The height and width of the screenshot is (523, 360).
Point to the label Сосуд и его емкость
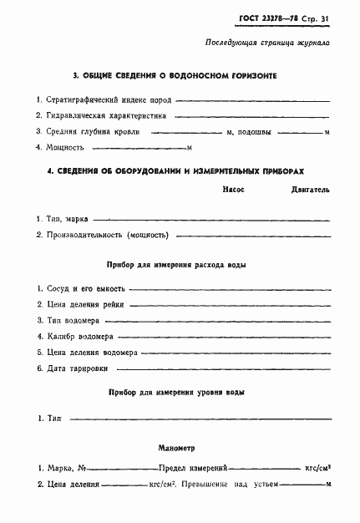(84, 288)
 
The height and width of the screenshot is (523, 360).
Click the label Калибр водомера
(81, 336)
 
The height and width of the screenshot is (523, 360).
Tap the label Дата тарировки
(79, 368)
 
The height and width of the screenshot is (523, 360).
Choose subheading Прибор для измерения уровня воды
(177, 392)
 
